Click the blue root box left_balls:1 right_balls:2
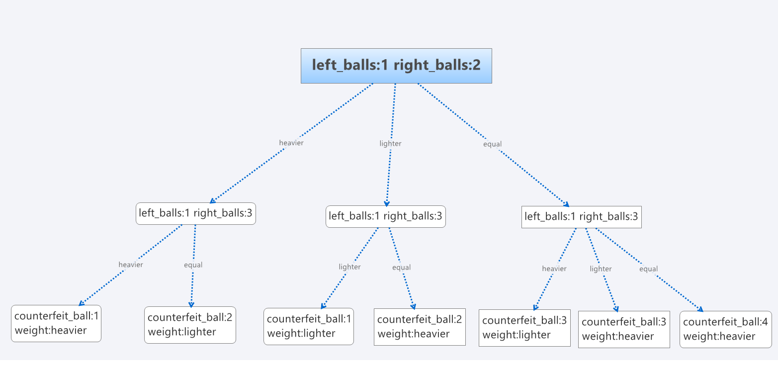click(396, 66)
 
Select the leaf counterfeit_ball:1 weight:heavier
click(56, 323)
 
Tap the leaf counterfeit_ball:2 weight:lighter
click(190, 325)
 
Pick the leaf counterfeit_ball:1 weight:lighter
click(309, 326)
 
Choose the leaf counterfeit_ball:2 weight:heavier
click(420, 327)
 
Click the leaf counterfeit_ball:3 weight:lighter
click(524, 328)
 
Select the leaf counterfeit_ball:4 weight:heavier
click(725, 329)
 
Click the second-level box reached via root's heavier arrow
click(196, 213)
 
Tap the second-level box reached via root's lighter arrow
click(385, 216)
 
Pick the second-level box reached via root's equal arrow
click(581, 217)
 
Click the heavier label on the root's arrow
click(291, 143)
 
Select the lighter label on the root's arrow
click(390, 143)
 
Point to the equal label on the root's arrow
click(492, 144)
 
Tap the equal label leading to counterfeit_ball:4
click(648, 269)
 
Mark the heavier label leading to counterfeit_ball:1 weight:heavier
click(131, 265)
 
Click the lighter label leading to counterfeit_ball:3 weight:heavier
click(601, 269)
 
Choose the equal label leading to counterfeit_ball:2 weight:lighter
click(193, 265)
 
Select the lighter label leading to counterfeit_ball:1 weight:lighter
click(349, 267)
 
